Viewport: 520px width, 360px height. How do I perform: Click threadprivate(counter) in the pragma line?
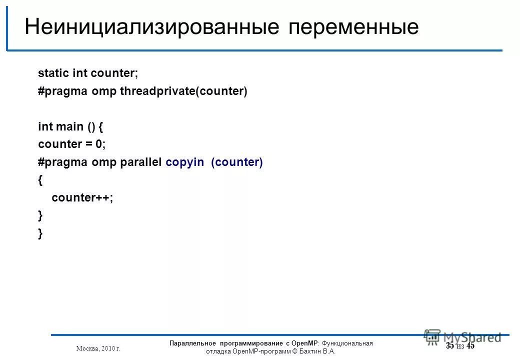tap(183, 92)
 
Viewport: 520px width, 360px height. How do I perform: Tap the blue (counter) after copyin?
tap(237, 162)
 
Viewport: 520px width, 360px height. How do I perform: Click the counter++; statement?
tap(82, 198)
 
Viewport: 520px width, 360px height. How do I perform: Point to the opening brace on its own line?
tap(40, 180)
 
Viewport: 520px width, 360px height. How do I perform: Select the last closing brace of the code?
tap(40, 233)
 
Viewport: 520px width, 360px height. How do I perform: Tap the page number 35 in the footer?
tap(450, 346)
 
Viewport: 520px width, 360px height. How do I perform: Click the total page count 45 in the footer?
tap(470, 346)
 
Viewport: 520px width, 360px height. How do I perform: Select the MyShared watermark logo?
tap(462, 336)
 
